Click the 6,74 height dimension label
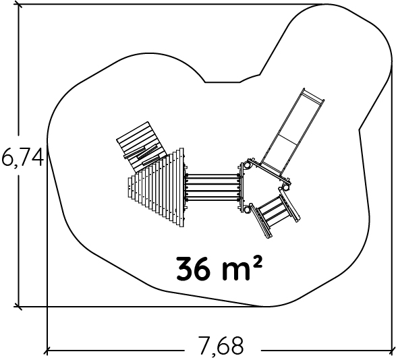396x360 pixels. tap(23, 156)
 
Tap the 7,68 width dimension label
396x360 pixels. tap(221, 345)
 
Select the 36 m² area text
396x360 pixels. tap(219, 268)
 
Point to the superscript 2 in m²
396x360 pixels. tap(257, 263)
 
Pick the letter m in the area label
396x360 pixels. tap(235, 272)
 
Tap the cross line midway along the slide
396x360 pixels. tap(288, 139)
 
